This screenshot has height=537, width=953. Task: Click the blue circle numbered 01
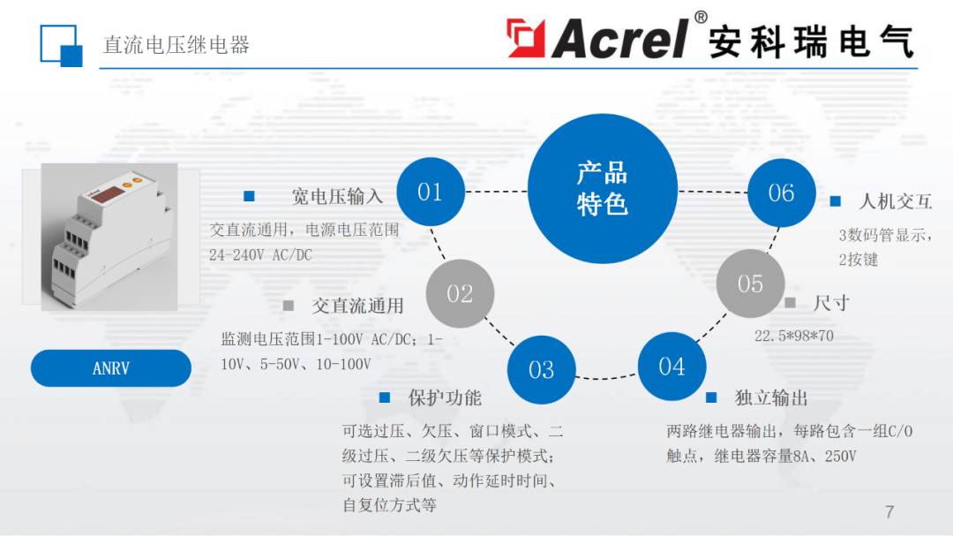[430, 191]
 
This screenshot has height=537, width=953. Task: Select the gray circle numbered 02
[460, 293]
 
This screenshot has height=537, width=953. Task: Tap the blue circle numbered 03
[541, 370]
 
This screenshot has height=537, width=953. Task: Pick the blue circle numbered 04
[672, 366]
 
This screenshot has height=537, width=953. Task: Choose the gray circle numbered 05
[750, 284]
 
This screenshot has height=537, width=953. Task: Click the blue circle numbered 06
[781, 193]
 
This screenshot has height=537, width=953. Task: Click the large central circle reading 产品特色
[603, 188]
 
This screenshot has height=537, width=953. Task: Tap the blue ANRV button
[111, 368]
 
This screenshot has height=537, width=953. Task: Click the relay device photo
[109, 236]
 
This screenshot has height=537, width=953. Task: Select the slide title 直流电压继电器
[176, 45]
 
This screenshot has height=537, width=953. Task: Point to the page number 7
[889, 512]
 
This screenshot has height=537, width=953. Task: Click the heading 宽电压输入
[337, 196]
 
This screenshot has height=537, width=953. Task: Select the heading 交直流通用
[357, 306]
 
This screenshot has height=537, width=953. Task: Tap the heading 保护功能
[445, 397]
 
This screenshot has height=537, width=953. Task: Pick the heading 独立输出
[771, 397]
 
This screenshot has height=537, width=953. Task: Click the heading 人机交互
[896, 201]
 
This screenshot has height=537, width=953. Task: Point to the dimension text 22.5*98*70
[793, 336]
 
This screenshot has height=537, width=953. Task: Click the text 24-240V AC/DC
[260, 255]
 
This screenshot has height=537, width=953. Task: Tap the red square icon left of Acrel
[526, 39]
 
